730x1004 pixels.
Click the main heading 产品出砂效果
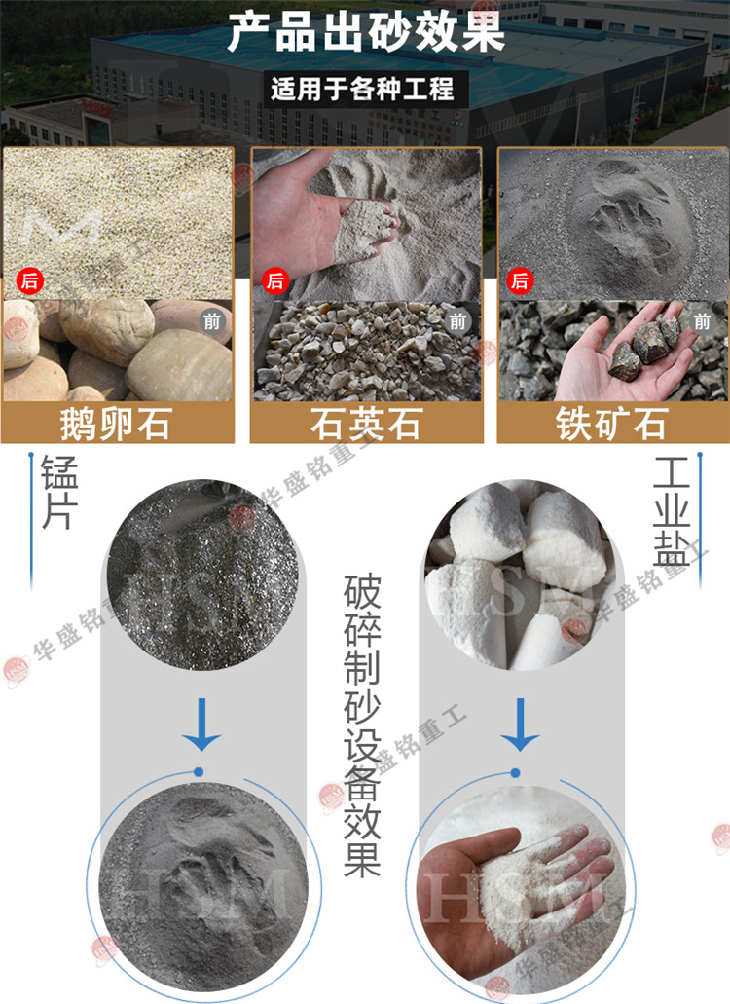pyautogui.click(x=366, y=33)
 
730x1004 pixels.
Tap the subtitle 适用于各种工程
pyautogui.click(x=362, y=89)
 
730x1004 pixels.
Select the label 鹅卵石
pyautogui.click(x=116, y=424)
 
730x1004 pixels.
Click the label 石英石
pyautogui.click(x=366, y=424)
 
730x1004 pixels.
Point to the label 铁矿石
pyautogui.click(x=611, y=424)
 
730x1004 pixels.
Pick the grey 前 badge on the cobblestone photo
pyautogui.click(x=212, y=321)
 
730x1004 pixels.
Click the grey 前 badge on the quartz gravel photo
pyautogui.click(x=456, y=321)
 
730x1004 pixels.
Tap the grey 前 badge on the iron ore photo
pyautogui.click(x=702, y=321)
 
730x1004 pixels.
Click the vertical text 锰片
pyautogui.click(x=59, y=492)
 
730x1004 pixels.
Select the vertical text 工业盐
pyautogui.click(x=671, y=511)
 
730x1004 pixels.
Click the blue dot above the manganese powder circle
pyautogui.click(x=199, y=772)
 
